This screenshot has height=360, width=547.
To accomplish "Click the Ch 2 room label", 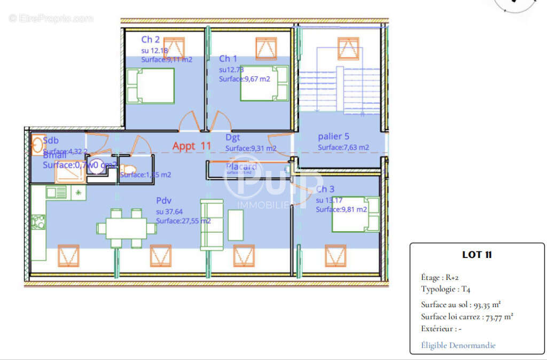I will (x=150, y=40).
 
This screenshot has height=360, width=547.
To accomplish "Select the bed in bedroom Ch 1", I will (x=264, y=83).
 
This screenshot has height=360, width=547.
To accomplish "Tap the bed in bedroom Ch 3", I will (x=356, y=214).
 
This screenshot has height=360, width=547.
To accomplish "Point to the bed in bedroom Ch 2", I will (x=151, y=85).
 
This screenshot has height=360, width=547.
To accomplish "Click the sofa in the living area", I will (x=212, y=225).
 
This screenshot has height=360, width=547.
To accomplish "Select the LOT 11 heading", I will (x=476, y=255).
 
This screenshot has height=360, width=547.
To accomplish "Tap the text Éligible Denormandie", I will (x=458, y=346).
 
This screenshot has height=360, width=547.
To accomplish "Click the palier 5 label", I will (x=333, y=136).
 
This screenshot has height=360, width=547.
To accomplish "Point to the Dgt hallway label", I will (x=233, y=138).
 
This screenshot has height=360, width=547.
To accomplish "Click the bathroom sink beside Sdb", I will (x=37, y=145).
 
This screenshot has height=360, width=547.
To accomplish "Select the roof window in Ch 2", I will (x=174, y=49).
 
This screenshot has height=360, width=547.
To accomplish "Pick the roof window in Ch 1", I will (x=265, y=49).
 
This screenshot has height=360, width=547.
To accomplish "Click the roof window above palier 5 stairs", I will (x=348, y=49).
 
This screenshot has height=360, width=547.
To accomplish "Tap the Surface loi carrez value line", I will (x=467, y=317).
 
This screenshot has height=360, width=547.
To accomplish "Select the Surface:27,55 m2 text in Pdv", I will (x=183, y=221).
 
